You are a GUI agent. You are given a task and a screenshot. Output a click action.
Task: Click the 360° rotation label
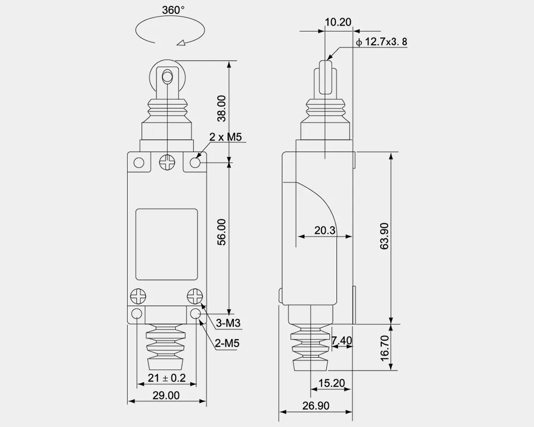tap(174, 11)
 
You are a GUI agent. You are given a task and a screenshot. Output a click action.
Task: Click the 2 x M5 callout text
tap(225, 138)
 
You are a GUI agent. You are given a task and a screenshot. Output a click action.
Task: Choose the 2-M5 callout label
tap(227, 344)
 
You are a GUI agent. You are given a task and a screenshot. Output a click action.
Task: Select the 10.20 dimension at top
tap(337, 22)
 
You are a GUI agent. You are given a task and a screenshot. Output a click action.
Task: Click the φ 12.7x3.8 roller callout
tap(381, 42)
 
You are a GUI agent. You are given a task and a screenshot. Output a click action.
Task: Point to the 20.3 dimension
tap(325, 230)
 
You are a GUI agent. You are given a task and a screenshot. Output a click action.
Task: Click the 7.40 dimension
tap(341, 340)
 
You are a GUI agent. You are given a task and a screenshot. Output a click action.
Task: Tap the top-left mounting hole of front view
tap(139, 163)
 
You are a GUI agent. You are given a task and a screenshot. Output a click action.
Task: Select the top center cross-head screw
tap(167, 162)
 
